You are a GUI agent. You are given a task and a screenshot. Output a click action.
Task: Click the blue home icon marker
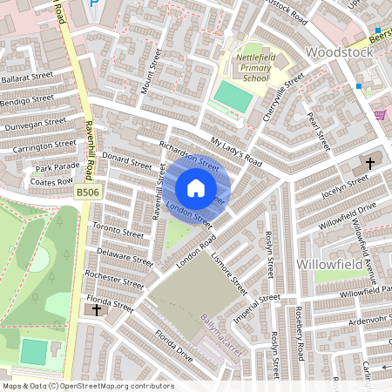tap(196, 188)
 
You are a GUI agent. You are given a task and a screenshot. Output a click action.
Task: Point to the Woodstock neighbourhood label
tap(339, 52)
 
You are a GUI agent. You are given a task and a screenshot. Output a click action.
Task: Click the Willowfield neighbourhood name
tap(337, 262)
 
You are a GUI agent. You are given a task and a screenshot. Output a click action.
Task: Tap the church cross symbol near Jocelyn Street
tap(369, 163)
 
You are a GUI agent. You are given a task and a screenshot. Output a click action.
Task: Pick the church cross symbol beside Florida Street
tap(96, 309)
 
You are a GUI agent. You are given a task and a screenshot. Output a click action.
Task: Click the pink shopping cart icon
tap(380, 114)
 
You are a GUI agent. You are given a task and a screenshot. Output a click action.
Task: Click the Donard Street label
tap(127, 162)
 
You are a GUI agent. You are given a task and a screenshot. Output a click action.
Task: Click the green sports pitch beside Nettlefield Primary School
tap(231, 96)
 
